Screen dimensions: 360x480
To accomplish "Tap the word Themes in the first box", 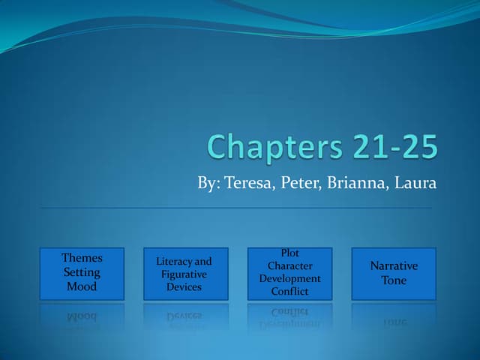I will pyautogui.click(x=82, y=258).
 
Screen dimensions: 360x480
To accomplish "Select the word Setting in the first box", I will pyautogui.click(x=82, y=272).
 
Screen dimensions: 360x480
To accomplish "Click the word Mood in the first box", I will pyautogui.click(x=82, y=286).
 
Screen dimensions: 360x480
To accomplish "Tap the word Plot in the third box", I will pyautogui.click(x=289, y=253).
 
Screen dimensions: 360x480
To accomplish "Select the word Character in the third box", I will pyautogui.click(x=289, y=266).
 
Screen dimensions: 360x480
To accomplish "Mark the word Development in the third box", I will pyautogui.click(x=289, y=279).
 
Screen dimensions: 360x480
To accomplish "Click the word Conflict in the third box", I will pyautogui.click(x=289, y=292).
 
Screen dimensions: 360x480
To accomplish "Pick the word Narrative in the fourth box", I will pyautogui.click(x=394, y=266).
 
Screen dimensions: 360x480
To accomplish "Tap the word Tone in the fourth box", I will pyautogui.click(x=394, y=280).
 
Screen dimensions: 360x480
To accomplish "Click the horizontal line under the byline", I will pyautogui.click(x=235, y=207).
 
